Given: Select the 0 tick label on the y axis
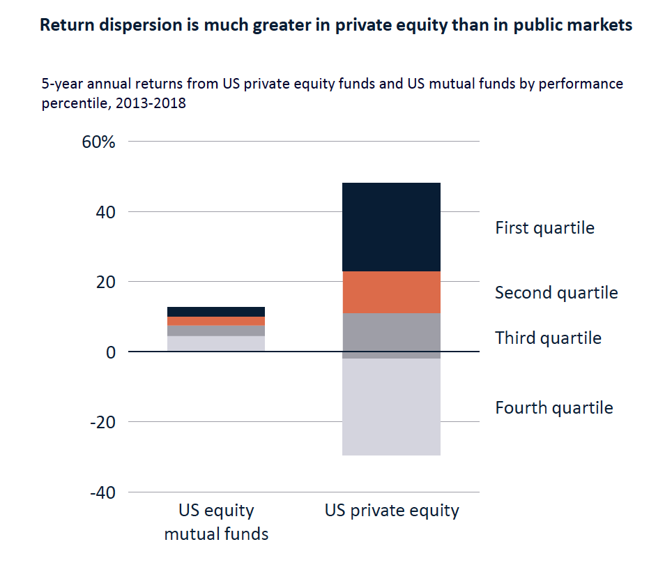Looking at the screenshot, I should pyautogui.click(x=109, y=352).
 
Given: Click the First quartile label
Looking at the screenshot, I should pyautogui.click(x=544, y=228).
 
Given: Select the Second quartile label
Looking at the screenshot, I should pyautogui.click(x=556, y=292).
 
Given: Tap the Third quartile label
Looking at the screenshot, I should pyautogui.click(x=548, y=338).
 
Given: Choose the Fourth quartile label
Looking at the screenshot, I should pyautogui.click(x=554, y=407).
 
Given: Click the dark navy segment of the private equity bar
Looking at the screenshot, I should pyautogui.click(x=392, y=227).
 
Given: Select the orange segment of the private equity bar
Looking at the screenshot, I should pyautogui.click(x=392, y=292).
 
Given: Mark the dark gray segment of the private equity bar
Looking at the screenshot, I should pyautogui.click(x=392, y=336).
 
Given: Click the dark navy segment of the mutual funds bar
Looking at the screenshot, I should pyautogui.click(x=216, y=311).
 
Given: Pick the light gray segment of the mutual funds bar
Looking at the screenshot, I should pyautogui.click(x=216, y=344).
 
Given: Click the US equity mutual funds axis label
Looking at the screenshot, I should pyautogui.click(x=216, y=522).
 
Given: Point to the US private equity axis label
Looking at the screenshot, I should pyautogui.click(x=392, y=511).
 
